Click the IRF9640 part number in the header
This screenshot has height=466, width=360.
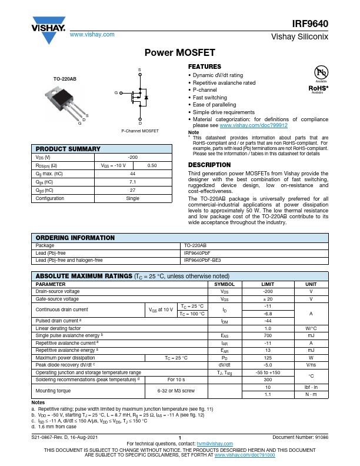(x=310, y=25)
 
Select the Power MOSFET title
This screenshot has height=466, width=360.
(x=179, y=52)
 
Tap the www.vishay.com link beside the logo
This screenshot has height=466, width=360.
(x=92, y=35)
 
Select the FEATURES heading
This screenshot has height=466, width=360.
(x=204, y=67)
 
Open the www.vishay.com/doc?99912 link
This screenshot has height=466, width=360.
(x=262, y=126)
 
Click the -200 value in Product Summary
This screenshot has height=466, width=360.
(x=132, y=158)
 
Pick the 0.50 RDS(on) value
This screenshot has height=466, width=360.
(x=152, y=166)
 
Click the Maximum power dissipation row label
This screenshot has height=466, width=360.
(x=65, y=357)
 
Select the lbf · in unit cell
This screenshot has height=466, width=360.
(x=311, y=387)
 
